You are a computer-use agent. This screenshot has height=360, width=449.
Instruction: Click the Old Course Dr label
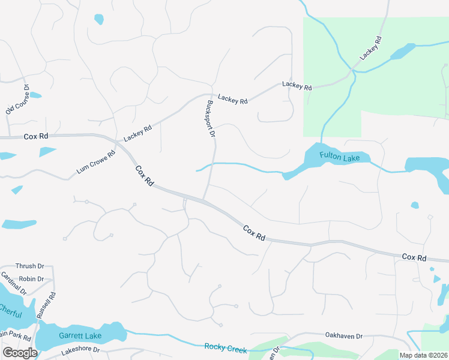tap(18, 99)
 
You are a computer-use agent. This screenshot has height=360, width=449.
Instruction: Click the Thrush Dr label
tap(30, 266)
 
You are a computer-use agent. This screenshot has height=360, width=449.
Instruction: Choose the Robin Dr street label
tap(32, 279)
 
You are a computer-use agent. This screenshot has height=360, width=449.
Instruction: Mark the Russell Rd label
tap(46, 305)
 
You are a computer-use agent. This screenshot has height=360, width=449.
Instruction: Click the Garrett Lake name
tap(80, 335)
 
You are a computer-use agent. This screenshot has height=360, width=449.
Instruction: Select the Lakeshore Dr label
tap(79, 349)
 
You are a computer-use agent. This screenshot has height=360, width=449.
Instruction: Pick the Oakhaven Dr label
tap(343, 337)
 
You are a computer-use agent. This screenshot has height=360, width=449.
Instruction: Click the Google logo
tap(20, 353)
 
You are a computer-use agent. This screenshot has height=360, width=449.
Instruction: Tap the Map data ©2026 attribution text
tap(424, 355)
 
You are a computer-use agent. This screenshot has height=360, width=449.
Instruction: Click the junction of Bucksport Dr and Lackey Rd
tap(208, 95)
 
